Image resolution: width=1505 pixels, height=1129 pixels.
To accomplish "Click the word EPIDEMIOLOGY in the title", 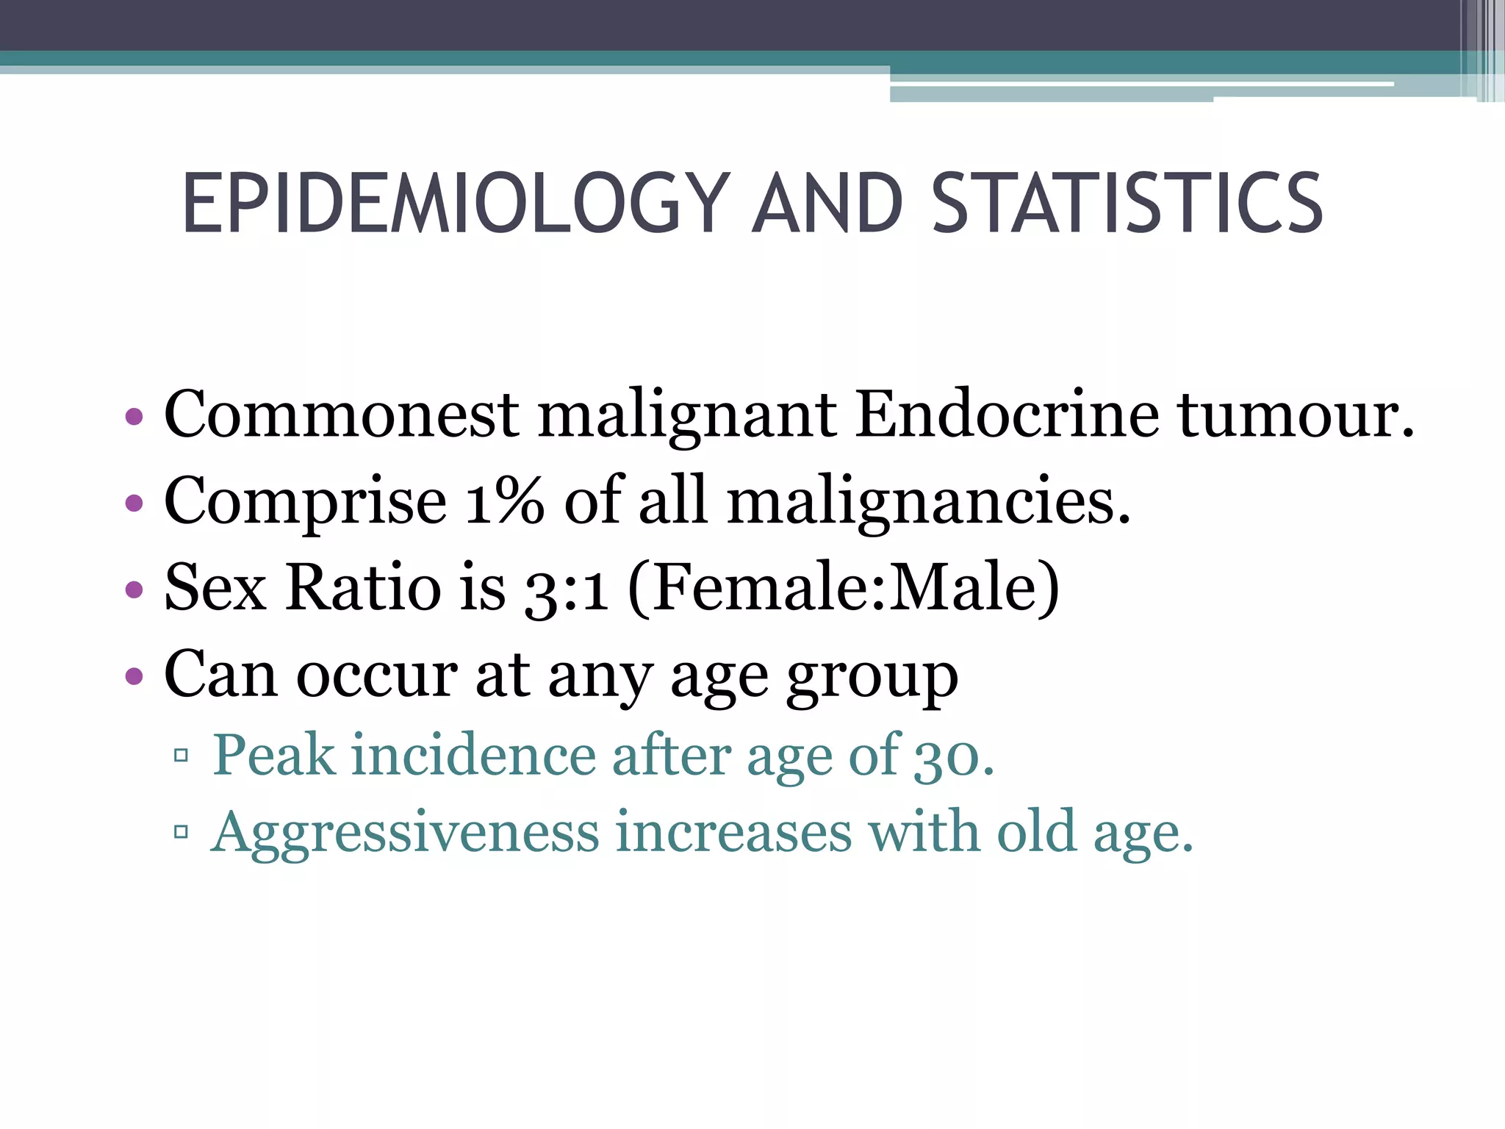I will click(456, 204).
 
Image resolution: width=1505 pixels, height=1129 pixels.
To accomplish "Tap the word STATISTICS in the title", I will click(1127, 204).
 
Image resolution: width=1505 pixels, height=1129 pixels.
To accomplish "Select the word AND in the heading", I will click(828, 204).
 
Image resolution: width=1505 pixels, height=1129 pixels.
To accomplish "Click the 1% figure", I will click(505, 501).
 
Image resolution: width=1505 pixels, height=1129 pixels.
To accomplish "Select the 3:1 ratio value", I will click(566, 589).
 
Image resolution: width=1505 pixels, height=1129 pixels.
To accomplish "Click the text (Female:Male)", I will click(844, 589).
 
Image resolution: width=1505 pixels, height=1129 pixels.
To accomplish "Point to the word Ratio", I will click(363, 587).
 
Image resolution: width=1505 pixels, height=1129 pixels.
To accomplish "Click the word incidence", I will click(474, 755).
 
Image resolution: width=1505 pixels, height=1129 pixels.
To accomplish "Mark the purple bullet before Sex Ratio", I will click(134, 589).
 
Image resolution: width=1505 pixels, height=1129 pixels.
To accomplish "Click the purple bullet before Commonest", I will click(134, 417).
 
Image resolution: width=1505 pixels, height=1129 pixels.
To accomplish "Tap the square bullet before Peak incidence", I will click(181, 755).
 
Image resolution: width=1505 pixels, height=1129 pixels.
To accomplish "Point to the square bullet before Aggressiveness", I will click(181, 832).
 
